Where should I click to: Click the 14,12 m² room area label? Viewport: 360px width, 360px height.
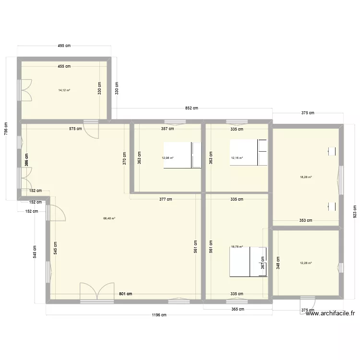click(64, 90)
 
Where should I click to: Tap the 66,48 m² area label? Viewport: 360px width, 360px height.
click(109, 218)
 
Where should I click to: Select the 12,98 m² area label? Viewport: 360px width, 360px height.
click(168, 157)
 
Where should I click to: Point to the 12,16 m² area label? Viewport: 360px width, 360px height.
click(237, 157)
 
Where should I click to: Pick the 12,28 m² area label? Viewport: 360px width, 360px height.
click(306, 263)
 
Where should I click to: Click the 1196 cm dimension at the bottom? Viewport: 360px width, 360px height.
click(159, 315)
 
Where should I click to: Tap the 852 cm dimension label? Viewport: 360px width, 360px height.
click(190, 108)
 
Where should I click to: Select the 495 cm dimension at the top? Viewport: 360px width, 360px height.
click(64, 46)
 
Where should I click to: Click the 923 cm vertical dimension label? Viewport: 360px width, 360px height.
click(354, 211)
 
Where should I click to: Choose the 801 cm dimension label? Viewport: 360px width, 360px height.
click(126, 294)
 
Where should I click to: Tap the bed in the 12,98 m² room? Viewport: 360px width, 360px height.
click(182, 155)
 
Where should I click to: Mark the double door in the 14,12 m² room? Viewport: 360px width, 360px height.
click(25, 90)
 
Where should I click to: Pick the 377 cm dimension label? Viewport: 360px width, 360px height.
click(166, 199)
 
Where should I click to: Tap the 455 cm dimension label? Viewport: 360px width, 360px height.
click(64, 66)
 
